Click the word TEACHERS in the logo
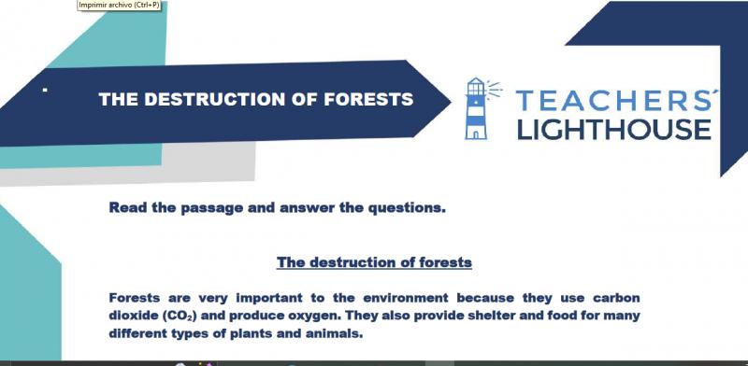point(613,101)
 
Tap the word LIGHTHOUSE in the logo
point(614,129)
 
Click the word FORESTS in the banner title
point(368,99)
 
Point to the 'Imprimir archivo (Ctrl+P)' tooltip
point(120,6)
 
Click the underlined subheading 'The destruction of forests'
point(374,262)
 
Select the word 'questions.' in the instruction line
point(406,208)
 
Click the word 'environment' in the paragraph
point(406,299)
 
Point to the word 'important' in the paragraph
point(269,299)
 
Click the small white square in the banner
point(45,89)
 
